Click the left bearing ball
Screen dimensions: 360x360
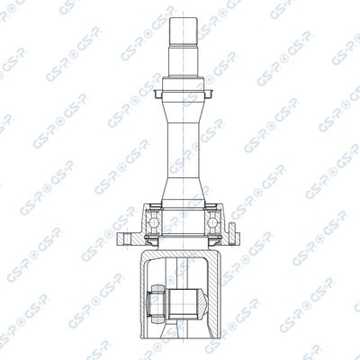pyautogui.click(x=154, y=222)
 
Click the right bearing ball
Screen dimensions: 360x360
pyautogui.click(x=212, y=222)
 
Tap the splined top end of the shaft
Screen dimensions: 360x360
pyautogui.click(x=183, y=31)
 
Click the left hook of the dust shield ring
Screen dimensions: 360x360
pyautogui.click(x=157, y=94)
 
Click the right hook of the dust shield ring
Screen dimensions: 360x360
pyautogui.click(x=209, y=94)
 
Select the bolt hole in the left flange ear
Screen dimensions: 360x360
pyautogui.click(x=127, y=239)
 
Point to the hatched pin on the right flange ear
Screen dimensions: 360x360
pyautogui.click(x=232, y=233)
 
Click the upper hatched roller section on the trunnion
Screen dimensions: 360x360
pyautogui.click(x=158, y=289)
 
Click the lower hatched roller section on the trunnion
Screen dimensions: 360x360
pyautogui.click(x=158, y=319)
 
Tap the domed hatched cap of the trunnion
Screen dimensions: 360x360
pyautogui.click(x=202, y=304)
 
